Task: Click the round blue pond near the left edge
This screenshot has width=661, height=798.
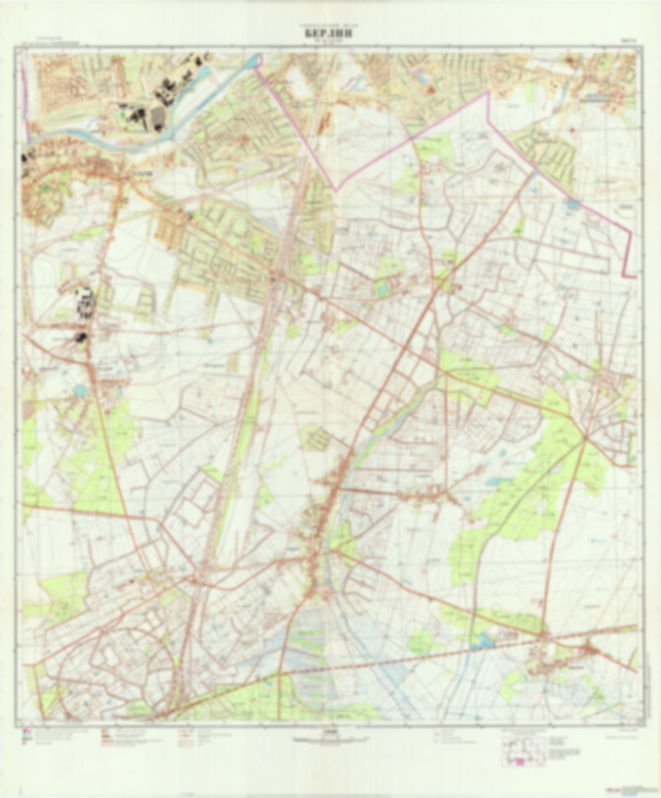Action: [x=79, y=389]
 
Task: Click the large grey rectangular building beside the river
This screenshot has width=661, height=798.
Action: [x=157, y=117]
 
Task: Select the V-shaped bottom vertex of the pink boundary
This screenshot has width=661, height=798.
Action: [x=335, y=190]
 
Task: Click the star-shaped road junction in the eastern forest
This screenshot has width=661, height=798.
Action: [x=585, y=438]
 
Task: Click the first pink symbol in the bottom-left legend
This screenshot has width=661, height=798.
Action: [x=25, y=731]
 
